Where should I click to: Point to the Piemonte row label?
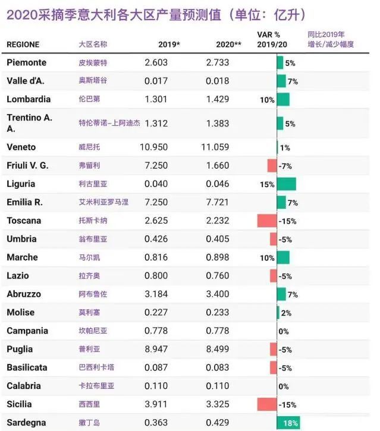pyautogui.click(x=26, y=62)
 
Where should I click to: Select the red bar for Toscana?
pyautogui.click(x=267, y=221)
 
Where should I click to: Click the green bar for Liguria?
pyautogui.click(x=286, y=184)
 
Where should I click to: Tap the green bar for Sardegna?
pyautogui.click(x=288, y=423)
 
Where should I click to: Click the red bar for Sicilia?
pyautogui.click(x=267, y=404)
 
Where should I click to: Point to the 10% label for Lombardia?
pyautogui.click(x=267, y=100)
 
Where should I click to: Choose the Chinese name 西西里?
pyautogui.click(x=89, y=404)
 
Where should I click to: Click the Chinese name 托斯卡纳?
pyautogui.click(x=92, y=221)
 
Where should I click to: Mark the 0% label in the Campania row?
pyautogui.click(x=284, y=331)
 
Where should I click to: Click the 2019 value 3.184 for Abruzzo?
pyautogui.click(x=156, y=294)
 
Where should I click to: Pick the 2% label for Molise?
pyautogui.click(x=285, y=313)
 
